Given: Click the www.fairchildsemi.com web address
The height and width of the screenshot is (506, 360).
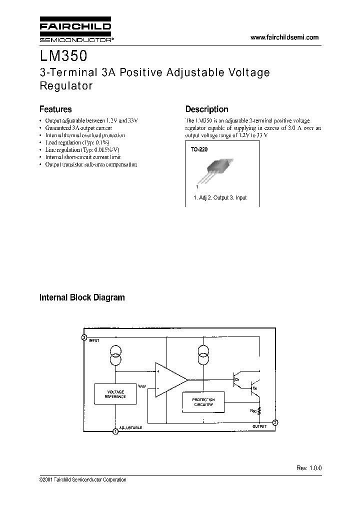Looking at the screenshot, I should click(x=283, y=37).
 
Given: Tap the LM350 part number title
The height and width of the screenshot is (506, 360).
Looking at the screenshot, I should click(x=64, y=53).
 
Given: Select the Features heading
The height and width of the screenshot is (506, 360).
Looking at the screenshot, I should click(x=55, y=109).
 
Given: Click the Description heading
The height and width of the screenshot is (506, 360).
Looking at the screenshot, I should click(x=206, y=109).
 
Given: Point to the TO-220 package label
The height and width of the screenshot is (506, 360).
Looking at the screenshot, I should click(x=198, y=149).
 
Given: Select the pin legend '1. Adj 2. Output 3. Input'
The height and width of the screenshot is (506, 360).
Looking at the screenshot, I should click(x=220, y=198).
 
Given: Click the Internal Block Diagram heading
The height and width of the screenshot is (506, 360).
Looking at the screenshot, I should click(x=82, y=297).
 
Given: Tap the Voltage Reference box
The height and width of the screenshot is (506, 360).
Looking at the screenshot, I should click(x=115, y=394).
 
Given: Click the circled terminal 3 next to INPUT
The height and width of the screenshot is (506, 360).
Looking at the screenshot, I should click(x=84, y=337).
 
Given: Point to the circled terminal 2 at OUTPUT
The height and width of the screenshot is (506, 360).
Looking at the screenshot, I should click(x=274, y=422).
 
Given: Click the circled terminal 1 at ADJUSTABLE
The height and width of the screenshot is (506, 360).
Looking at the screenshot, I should click(x=115, y=431).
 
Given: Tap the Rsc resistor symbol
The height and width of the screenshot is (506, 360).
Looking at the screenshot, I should click(x=260, y=412).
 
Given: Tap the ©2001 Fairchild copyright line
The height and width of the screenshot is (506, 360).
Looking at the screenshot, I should click(x=82, y=480).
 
